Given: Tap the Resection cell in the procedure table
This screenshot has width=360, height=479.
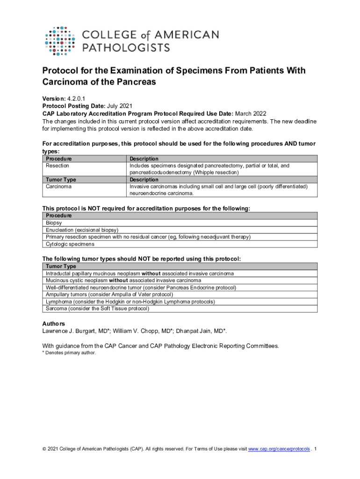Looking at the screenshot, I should click(x=58, y=166).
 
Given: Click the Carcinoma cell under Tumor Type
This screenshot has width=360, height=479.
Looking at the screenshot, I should click(x=58, y=187).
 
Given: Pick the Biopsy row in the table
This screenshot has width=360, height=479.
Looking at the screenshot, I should click(x=54, y=223).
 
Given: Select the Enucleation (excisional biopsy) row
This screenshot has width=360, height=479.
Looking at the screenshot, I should click(x=82, y=230).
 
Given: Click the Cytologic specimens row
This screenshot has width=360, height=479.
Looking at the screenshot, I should click(x=70, y=244).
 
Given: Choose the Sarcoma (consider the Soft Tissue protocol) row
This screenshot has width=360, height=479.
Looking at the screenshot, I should click(x=97, y=309).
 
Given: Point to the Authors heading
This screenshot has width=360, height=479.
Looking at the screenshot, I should click(x=54, y=324).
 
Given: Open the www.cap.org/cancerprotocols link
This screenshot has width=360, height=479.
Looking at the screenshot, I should click(x=279, y=449).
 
